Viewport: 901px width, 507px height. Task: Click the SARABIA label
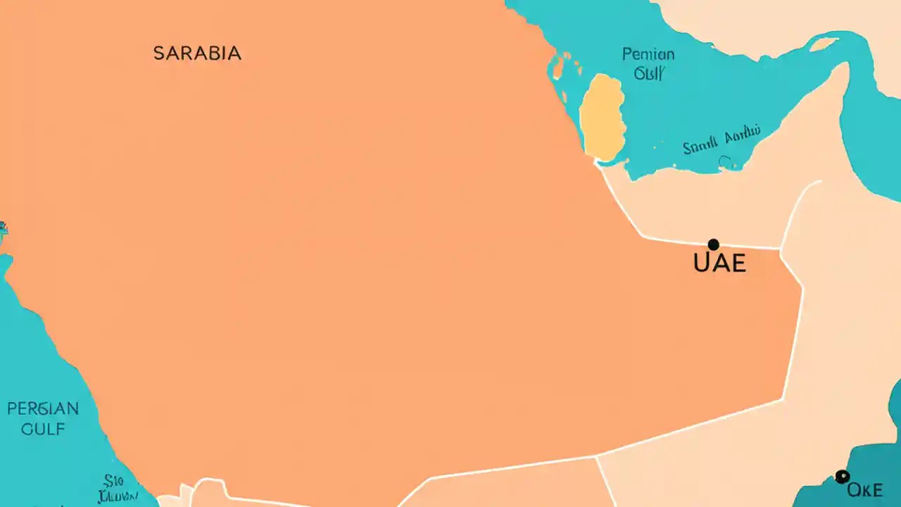(x=197, y=54)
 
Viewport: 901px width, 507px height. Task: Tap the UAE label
(x=719, y=263)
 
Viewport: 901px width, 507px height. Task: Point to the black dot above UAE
(x=713, y=244)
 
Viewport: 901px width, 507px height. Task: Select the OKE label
(x=865, y=490)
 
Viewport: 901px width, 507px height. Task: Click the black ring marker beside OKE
(x=841, y=477)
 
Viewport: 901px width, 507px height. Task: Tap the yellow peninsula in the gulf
(x=603, y=116)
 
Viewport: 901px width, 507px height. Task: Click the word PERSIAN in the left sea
(x=43, y=408)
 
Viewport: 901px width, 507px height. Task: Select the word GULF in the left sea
(x=43, y=429)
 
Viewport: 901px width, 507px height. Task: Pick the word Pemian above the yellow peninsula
(x=648, y=54)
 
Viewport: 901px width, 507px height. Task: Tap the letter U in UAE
(x=702, y=263)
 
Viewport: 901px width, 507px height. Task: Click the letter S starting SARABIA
(x=159, y=54)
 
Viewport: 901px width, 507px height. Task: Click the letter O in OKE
(x=854, y=490)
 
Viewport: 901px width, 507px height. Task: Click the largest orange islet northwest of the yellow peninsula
(x=557, y=67)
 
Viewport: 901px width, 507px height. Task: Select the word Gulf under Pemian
(x=648, y=73)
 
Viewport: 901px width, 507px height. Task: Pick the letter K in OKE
(x=865, y=490)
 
